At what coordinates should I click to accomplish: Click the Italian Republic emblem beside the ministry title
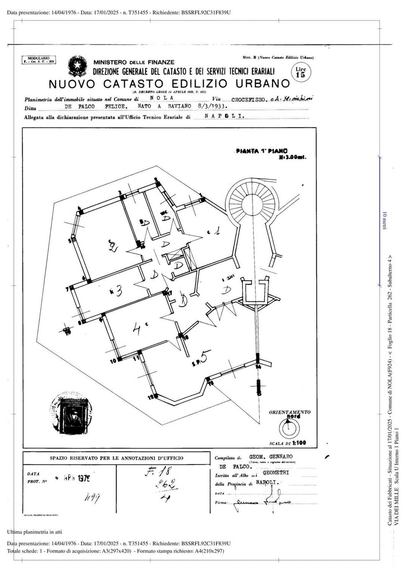tap(77, 66)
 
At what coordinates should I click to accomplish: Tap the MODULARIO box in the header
tap(39, 60)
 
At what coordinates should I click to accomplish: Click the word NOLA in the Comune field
tap(161, 98)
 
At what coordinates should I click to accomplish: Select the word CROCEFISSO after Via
tap(248, 99)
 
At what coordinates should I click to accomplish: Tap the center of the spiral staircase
tap(252, 205)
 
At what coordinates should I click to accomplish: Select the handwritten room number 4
tap(137, 329)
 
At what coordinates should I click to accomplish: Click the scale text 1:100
tap(299, 443)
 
